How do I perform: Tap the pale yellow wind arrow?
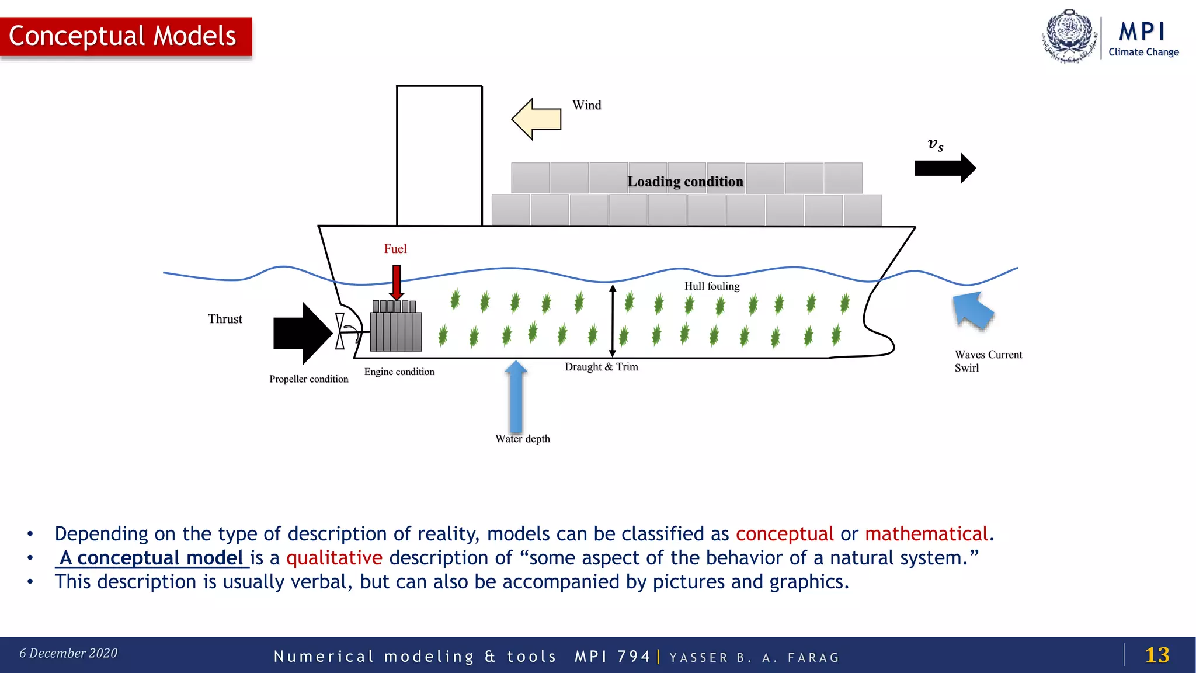point(537,119)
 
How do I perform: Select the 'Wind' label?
point(586,105)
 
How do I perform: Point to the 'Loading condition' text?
point(685,182)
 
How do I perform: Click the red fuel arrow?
point(397,282)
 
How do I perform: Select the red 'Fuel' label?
point(395,249)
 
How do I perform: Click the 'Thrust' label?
point(225,319)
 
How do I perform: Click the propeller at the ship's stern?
point(340,331)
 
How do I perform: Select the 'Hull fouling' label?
point(712,286)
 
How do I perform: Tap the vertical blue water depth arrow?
point(516,397)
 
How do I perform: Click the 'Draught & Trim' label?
point(602,367)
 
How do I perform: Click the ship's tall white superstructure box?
point(439,155)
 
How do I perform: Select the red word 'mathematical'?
point(926,534)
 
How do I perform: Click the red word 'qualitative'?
point(334,558)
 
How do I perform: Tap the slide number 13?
point(1157,655)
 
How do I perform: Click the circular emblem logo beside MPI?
point(1069,36)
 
